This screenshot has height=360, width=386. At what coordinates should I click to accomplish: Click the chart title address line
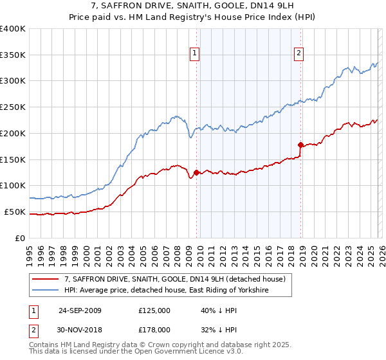click(192, 7)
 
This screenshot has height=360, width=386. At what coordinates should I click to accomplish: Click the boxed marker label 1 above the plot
click(194, 54)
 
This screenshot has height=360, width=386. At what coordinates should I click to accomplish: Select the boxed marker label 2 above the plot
click(299, 54)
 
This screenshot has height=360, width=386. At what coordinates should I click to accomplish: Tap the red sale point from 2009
click(196, 172)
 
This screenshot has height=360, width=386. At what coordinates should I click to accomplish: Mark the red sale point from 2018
click(300, 145)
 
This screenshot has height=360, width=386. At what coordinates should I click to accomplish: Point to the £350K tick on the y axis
click(13, 55)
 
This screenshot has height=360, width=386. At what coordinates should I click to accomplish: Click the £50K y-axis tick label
click(15, 212)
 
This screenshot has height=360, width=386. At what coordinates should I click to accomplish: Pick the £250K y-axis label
click(13, 107)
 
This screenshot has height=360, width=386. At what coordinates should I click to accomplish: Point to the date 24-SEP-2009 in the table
click(80, 310)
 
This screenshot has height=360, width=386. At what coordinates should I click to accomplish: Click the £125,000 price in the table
click(154, 310)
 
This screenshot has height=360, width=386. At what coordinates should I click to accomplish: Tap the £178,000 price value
click(154, 330)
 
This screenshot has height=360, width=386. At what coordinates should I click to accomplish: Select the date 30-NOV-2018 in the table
click(80, 330)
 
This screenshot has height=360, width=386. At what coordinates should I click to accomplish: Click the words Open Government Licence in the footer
click(180, 353)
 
